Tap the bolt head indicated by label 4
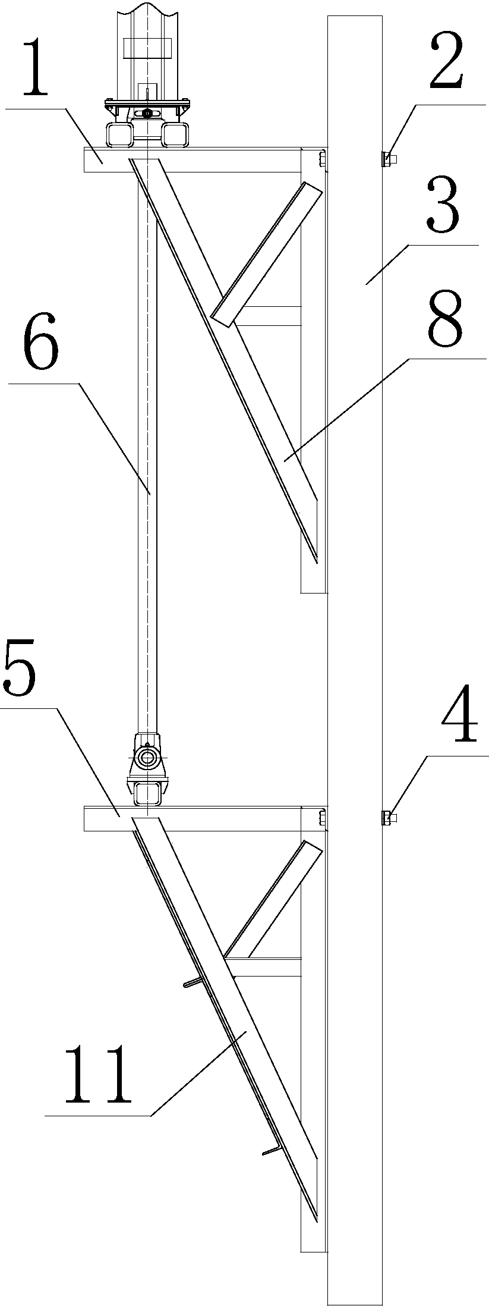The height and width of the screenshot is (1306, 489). (x=389, y=818)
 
